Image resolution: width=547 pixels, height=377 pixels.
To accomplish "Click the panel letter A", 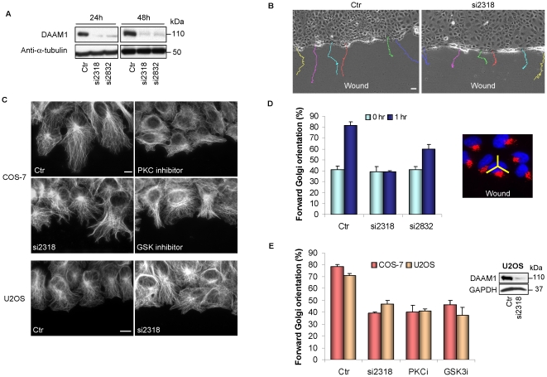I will pos(7,12).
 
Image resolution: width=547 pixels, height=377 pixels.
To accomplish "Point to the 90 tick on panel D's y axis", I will pos(308,114).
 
